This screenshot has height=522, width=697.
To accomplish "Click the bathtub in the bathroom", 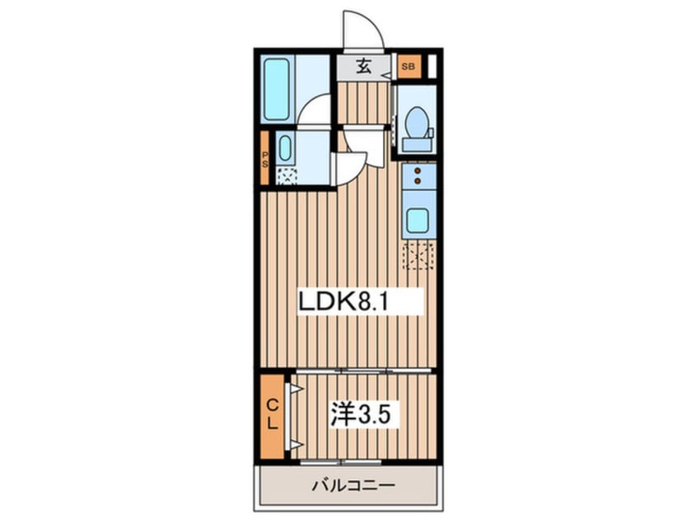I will (277, 89).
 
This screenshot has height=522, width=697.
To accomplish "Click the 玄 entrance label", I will (363, 66).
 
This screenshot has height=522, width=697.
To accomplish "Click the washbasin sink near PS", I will (285, 149).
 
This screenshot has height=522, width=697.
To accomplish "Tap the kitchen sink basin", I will (418, 221).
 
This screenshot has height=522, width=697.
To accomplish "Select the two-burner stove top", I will (418, 175).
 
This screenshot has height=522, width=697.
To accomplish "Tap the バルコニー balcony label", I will (353, 485).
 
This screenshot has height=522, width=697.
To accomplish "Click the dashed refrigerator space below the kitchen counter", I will (418, 255).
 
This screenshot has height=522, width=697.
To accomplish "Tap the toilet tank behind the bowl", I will (417, 144).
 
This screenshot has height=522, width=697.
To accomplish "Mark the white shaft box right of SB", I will (430, 66).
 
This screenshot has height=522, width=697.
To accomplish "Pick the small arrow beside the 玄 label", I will (385, 72).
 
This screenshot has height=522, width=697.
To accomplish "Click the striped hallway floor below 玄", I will (363, 102).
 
